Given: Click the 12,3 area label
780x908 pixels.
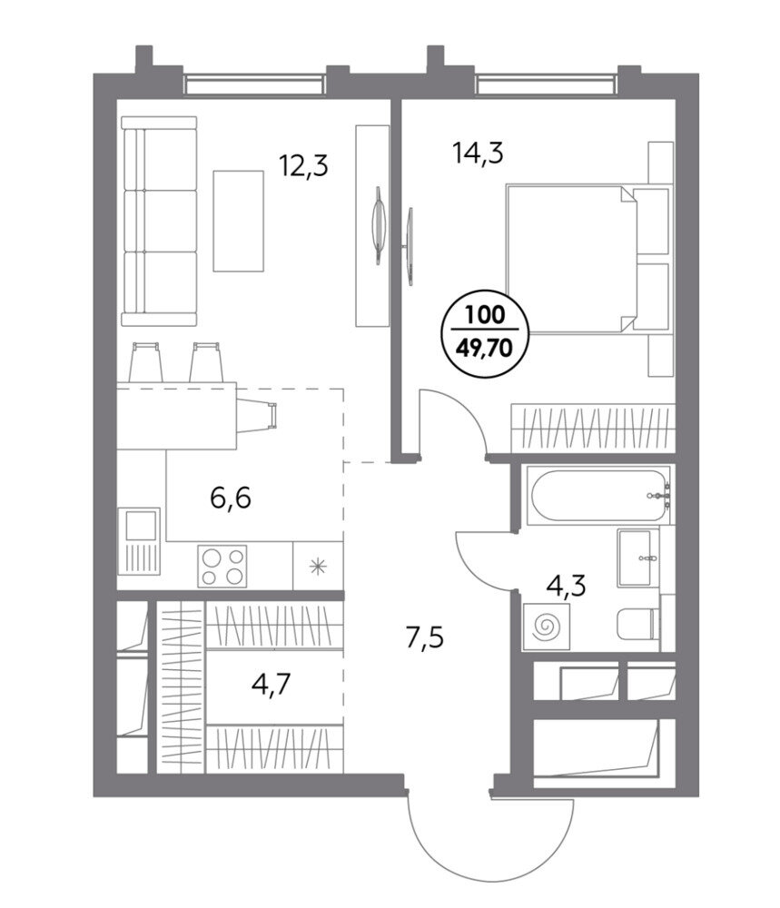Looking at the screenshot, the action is click(303, 165).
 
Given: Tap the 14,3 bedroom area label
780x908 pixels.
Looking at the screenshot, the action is click(478, 153).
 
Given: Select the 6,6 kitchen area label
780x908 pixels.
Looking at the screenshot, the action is click(231, 498).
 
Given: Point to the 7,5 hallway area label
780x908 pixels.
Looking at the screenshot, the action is click(424, 638).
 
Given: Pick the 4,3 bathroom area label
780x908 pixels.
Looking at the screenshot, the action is click(567, 586).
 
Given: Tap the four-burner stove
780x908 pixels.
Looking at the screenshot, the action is click(222, 566).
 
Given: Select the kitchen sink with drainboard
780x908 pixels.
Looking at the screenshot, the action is click(139, 541).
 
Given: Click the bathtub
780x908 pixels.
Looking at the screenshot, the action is click(598, 496).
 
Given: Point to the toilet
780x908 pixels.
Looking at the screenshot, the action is click(638, 623).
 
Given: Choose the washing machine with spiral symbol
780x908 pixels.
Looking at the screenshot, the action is click(546, 627).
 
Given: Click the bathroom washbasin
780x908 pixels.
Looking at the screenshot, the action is click(638, 558).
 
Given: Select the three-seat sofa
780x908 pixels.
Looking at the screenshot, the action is click(159, 221).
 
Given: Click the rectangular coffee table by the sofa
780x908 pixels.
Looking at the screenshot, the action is click(239, 221).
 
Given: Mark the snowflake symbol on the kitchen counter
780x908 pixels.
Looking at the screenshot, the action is click(317, 566).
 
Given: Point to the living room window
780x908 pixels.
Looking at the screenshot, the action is click(253, 84).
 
